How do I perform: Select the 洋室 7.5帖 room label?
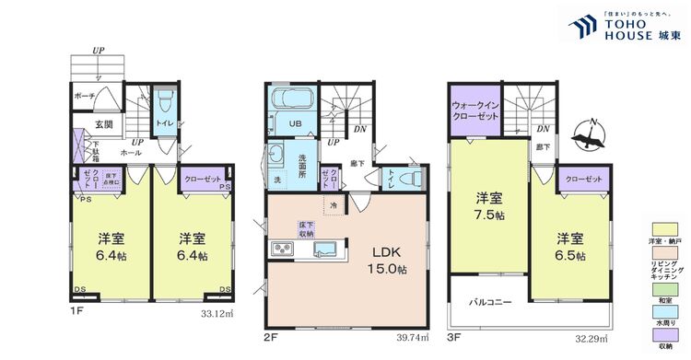[x=488, y=207]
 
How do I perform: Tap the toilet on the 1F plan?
[x=165, y=100]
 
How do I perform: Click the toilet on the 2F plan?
[x=413, y=179]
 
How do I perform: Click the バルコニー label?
[x=487, y=302]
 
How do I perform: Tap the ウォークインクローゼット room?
[x=475, y=111]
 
